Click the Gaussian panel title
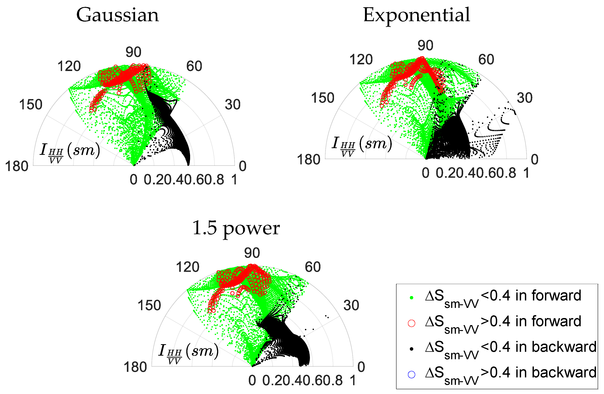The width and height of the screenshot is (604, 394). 118,15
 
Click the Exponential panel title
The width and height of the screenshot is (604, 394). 416,15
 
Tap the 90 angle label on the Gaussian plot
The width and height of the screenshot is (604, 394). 133,52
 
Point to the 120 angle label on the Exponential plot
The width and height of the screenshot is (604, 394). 361,60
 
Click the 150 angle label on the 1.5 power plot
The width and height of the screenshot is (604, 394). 149,305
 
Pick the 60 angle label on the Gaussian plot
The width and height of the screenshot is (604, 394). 194,66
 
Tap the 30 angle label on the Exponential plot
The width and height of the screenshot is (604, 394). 525,98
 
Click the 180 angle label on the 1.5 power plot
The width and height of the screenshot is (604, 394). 135,367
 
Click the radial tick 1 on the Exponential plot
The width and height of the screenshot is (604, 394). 526,173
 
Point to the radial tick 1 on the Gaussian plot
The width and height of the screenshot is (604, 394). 234,180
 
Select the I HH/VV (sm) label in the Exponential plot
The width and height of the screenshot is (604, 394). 362,145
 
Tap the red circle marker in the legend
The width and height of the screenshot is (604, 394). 411,323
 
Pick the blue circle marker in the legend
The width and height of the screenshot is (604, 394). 411,375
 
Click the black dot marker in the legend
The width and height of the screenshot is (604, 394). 411,349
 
